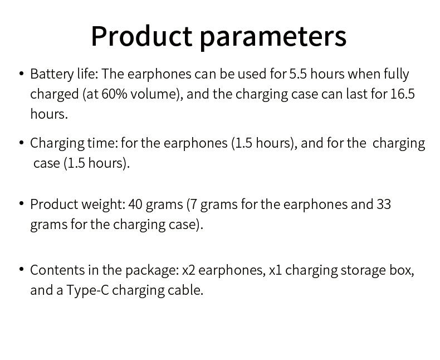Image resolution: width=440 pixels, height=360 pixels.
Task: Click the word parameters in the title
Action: pyautogui.click(x=273, y=37)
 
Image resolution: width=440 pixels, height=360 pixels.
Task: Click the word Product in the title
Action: pyautogui.click(x=141, y=36)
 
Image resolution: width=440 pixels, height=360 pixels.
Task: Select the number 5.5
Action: pyautogui.click(x=298, y=74)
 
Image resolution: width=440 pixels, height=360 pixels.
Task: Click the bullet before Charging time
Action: pyautogui.click(x=21, y=143)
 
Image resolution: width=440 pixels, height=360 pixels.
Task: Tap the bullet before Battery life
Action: pyautogui.click(x=21, y=74)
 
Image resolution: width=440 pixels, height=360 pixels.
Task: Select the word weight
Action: pyautogui.click(x=103, y=205)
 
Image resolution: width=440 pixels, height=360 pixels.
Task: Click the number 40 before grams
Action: pyautogui.click(x=135, y=204)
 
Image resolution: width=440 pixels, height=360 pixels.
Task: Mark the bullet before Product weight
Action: pyautogui.click(x=21, y=203)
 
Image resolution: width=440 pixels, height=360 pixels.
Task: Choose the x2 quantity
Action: pyautogui.click(x=189, y=270)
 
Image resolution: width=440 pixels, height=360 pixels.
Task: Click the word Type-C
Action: pyautogui.click(x=87, y=291)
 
